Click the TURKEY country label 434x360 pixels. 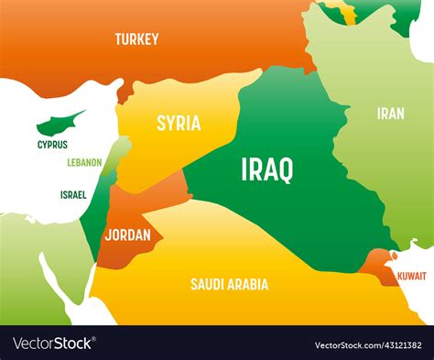136,39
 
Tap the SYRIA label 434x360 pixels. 179,124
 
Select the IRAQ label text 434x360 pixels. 267,169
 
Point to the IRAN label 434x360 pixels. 390,114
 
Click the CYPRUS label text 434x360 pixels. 52,144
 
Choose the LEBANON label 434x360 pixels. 84,163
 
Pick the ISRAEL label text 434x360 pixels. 73,194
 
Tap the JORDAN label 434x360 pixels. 127,235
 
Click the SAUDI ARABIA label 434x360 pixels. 229,284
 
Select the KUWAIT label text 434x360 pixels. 410,275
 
